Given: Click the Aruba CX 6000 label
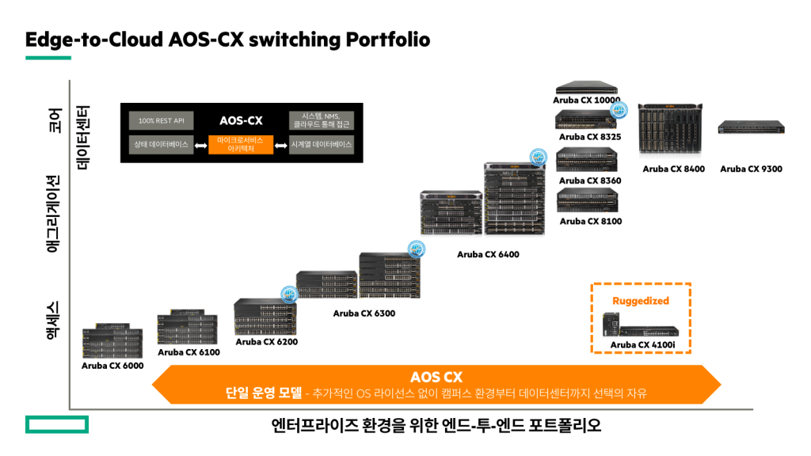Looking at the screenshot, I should [x=112, y=366].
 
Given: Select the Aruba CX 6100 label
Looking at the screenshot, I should [x=188, y=352].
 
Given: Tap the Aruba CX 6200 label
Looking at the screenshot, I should [x=266, y=342].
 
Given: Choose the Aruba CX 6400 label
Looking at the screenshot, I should [x=488, y=255].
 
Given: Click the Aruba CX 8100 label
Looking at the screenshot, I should [x=590, y=222].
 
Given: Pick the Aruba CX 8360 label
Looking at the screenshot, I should [x=590, y=180].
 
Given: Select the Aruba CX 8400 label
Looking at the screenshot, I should [x=673, y=169].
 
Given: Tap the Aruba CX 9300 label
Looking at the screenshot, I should [x=751, y=169].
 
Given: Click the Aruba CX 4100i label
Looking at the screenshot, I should [x=642, y=344].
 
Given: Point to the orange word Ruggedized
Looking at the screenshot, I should [x=641, y=301].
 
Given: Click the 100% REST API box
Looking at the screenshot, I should [x=161, y=120].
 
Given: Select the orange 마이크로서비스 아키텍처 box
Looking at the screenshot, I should [x=241, y=145].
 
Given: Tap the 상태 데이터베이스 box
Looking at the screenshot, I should [x=161, y=145].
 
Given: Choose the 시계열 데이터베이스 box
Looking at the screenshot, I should [x=322, y=145].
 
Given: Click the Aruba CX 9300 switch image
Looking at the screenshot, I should [x=751, y=127].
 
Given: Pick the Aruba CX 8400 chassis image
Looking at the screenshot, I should [x=672, y=131].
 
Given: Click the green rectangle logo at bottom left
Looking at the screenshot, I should [x=57, y=425].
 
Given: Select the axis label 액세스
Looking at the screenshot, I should [x=53, y=318].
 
